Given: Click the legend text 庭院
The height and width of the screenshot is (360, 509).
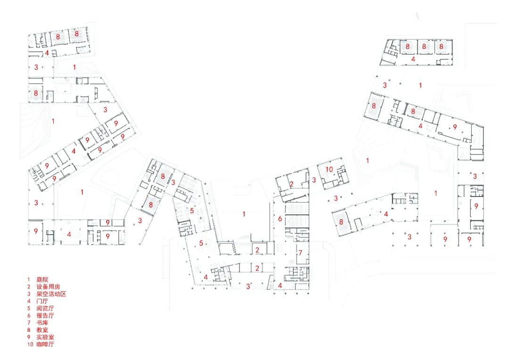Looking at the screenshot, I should [x=42, y=279].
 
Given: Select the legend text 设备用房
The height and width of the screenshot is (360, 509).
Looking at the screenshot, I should [x=48, y=286].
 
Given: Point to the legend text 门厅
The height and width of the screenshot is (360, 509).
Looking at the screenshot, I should [x=42, y=301].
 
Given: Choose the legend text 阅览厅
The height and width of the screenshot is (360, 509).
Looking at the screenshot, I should [x=45, y=309].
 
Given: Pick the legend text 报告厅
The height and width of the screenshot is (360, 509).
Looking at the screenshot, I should [x=45, y=316].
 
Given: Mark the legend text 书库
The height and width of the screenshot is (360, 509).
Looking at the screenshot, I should [x=42, y=323].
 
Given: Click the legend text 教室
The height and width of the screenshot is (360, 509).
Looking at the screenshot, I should [x=42, y=330].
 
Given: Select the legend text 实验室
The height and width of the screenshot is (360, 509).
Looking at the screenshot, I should [x=45, y=338].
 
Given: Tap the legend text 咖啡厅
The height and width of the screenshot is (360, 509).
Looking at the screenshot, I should [x=45, y=345].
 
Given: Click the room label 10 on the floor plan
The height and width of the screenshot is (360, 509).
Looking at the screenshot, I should [x=329, y=170].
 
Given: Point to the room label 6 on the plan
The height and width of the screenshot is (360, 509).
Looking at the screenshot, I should [x=279, y=219].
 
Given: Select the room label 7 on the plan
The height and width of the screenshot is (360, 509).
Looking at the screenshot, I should [x=299, y=253].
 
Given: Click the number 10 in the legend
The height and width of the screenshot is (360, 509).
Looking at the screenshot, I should [x=30, y=345].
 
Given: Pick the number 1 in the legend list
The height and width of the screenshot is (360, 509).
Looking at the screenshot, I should [x=28, y=279].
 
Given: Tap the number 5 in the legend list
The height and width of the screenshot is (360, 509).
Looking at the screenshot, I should [x=28, y=309].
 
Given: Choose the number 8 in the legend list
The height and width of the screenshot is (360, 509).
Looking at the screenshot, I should [x=28, y=330].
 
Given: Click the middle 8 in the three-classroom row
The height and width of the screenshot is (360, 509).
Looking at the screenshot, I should [x=424, y=47].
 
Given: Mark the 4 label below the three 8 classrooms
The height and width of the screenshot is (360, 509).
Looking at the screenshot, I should [x=413, y=59].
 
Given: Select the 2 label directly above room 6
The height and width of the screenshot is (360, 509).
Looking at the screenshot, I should [x=292, y=184].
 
